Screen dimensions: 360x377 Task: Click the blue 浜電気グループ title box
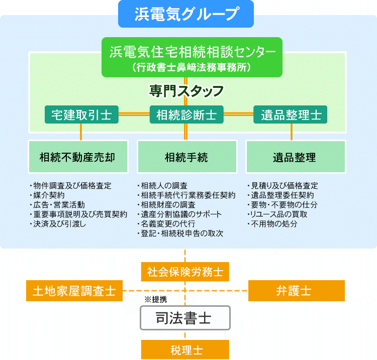186,14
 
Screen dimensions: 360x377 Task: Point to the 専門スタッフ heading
186,91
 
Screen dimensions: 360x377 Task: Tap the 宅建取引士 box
81,114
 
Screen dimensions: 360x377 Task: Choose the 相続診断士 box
186,114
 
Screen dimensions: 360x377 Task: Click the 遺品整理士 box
291,114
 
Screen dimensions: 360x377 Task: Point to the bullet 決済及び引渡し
60,224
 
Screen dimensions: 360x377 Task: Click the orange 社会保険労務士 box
185,272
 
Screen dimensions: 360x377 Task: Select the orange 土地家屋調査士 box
74,291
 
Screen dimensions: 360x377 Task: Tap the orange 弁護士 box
297,291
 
